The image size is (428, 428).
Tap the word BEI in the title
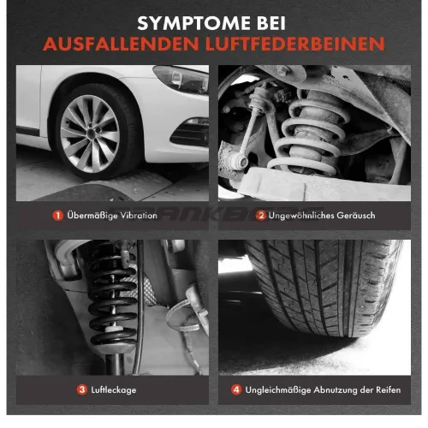(x=271, y=23)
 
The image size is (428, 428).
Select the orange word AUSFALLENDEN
(x=121, y=44)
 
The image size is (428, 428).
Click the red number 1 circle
(x=58, y=216)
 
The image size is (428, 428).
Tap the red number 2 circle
(x=261, y=216)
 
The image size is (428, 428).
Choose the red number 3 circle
(x=82, y=389)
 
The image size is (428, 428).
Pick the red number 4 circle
(x=236, y=389)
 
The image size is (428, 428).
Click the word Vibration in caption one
(x=139, y=216)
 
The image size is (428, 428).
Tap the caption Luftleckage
(x=114, y=390)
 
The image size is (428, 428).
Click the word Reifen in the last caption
(x=389, y=389)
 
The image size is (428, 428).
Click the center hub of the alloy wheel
(x=91, y=133)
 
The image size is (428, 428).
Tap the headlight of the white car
(x=181, y=79)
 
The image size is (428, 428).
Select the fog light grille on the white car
(x=191, y=134)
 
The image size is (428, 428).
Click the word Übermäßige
(x=92, y=216)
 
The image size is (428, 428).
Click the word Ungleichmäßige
(x=278, y=390)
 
